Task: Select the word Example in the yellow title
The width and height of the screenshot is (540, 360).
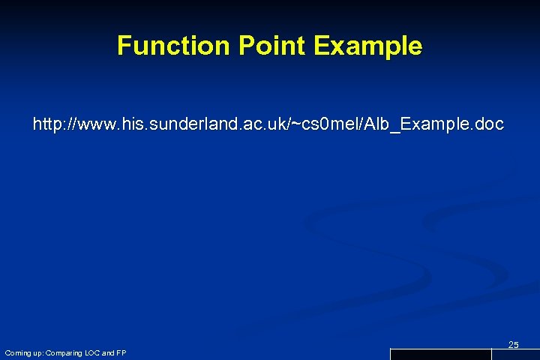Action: (368, 46)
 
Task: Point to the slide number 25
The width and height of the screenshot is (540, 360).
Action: (514, 344)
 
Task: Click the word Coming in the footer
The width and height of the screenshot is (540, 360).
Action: (16, 352)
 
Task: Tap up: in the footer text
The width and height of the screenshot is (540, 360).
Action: (36, 352)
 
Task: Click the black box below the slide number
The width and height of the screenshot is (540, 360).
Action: (440, 355)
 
